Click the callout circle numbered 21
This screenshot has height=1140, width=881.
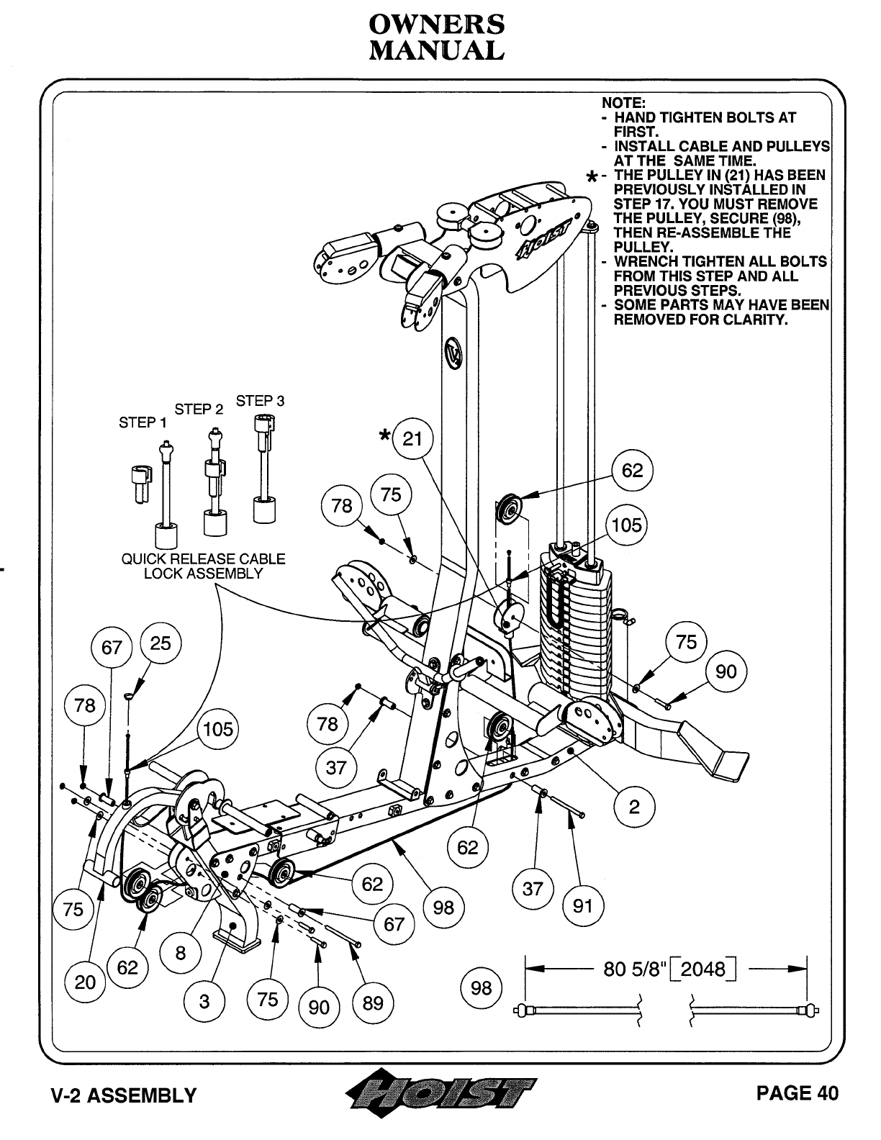tap(412, 438)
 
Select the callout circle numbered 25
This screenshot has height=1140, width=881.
tap(160, 643)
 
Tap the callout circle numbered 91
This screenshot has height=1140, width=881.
tap(582, 904)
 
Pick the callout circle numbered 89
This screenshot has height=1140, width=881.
tap(373, 1003)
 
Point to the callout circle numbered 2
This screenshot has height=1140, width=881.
tap(633, 806)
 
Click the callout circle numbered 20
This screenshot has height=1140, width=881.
tap(85, 982)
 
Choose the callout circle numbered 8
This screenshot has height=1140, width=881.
tap(180, 954)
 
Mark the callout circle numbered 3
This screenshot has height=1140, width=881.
tap(205, 1001)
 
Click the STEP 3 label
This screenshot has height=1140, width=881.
tap(260, 401)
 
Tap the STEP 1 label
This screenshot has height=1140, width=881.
tap(143, 422)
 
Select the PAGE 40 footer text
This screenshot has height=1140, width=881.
tap(798, 1093)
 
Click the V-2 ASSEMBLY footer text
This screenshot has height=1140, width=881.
tap(124, 1095)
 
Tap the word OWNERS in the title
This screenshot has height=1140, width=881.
tap(436, 24)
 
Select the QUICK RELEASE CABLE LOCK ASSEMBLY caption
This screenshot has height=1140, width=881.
tap(203, 566)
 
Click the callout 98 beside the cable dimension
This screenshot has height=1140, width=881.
tap(481, 988)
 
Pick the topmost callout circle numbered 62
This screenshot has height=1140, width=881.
tap(632, 471)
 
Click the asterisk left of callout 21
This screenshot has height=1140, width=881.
tap(387, 435)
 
